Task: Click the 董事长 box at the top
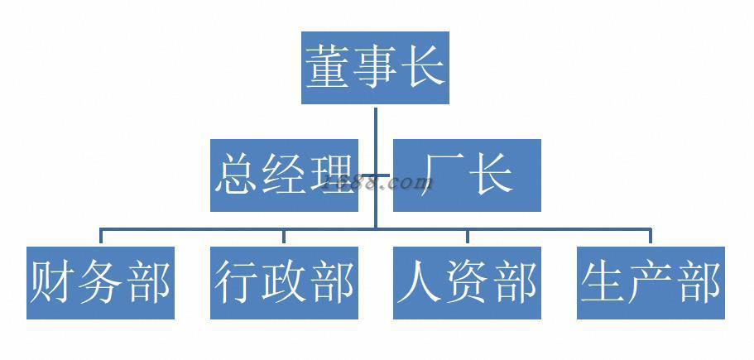[375, 68]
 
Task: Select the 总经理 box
[284, 175]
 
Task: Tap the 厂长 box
[467, 175]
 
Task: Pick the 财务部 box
[100, 282]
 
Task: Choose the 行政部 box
[284, 282]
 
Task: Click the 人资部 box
[467, 282]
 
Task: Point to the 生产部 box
[651, 282]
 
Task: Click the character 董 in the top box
[328, 68]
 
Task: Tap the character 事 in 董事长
[375, 68]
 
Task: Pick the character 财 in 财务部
[53, 282]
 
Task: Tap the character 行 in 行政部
[237, 282]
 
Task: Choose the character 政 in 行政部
[284, 282]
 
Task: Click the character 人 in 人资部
[420, 282]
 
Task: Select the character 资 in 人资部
[467, 282]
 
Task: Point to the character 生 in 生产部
[603, 282]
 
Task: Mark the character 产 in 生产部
[651, 282]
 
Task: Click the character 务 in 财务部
[100, 282]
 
